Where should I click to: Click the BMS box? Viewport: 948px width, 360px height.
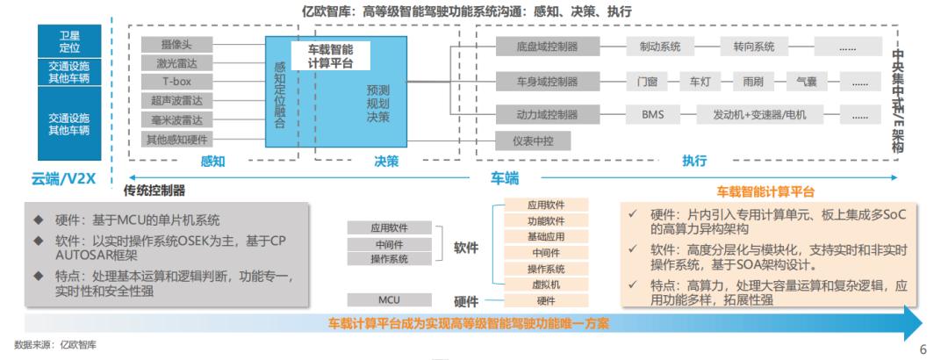coord(652,115)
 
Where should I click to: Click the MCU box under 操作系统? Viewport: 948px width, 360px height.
coord(389,299)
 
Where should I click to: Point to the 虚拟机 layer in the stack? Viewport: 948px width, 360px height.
coord(546,284)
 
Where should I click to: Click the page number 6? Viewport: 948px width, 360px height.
coord(922,349)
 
